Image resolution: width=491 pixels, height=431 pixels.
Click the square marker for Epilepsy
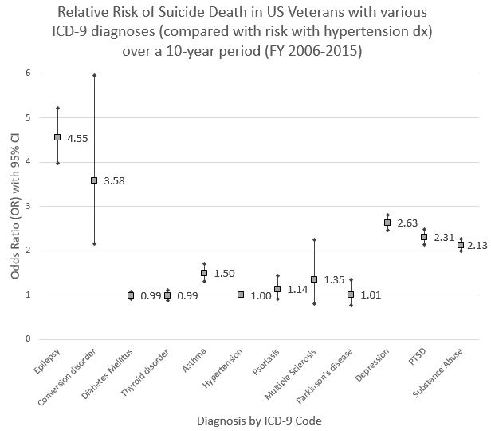57,137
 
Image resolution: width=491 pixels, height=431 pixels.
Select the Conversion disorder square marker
94,180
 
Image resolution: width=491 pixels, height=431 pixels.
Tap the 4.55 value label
77,138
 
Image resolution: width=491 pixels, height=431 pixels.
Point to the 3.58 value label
114,181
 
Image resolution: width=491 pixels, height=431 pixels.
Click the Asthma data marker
204,273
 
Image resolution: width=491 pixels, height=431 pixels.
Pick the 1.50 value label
224,274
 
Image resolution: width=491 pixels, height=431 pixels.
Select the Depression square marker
387,223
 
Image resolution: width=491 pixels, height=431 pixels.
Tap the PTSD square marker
424,237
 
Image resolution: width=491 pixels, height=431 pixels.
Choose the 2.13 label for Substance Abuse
477,245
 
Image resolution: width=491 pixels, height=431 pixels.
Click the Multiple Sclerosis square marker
314,279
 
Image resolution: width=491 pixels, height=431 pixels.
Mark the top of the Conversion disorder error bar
94,75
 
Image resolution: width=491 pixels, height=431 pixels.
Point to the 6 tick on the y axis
27,73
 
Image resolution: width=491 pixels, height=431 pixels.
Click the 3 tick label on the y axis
27,206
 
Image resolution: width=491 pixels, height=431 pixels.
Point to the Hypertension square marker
241,295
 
